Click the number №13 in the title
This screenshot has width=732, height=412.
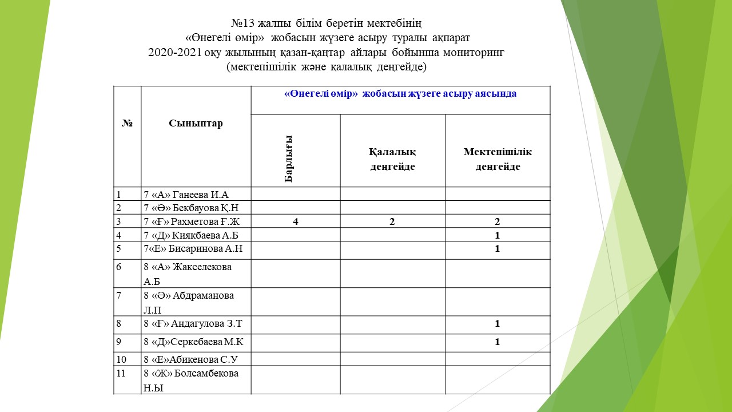pos(246,24)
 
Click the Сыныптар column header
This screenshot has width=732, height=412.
pos(196,124)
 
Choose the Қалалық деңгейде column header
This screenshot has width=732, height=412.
pos(392,159)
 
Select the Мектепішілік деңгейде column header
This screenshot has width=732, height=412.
pos(498,159)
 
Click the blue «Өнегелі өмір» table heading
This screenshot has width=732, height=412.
pos(400,94)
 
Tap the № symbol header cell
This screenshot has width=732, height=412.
pos(127,124)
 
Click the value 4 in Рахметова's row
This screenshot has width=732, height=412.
pos(296,222)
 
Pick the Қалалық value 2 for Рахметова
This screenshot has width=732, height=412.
pos(392,222)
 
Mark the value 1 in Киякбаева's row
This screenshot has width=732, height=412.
pos(498,235)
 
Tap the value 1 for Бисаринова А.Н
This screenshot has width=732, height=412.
pos(498,249)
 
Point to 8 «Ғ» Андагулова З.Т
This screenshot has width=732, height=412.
pos(193,324)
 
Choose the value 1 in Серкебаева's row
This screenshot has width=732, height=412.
pos(498,342)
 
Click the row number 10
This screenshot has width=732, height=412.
pos(121,359)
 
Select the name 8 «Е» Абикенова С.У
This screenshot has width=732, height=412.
pos(190,359)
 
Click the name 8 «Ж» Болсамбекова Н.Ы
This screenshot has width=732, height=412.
pos(191,380)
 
